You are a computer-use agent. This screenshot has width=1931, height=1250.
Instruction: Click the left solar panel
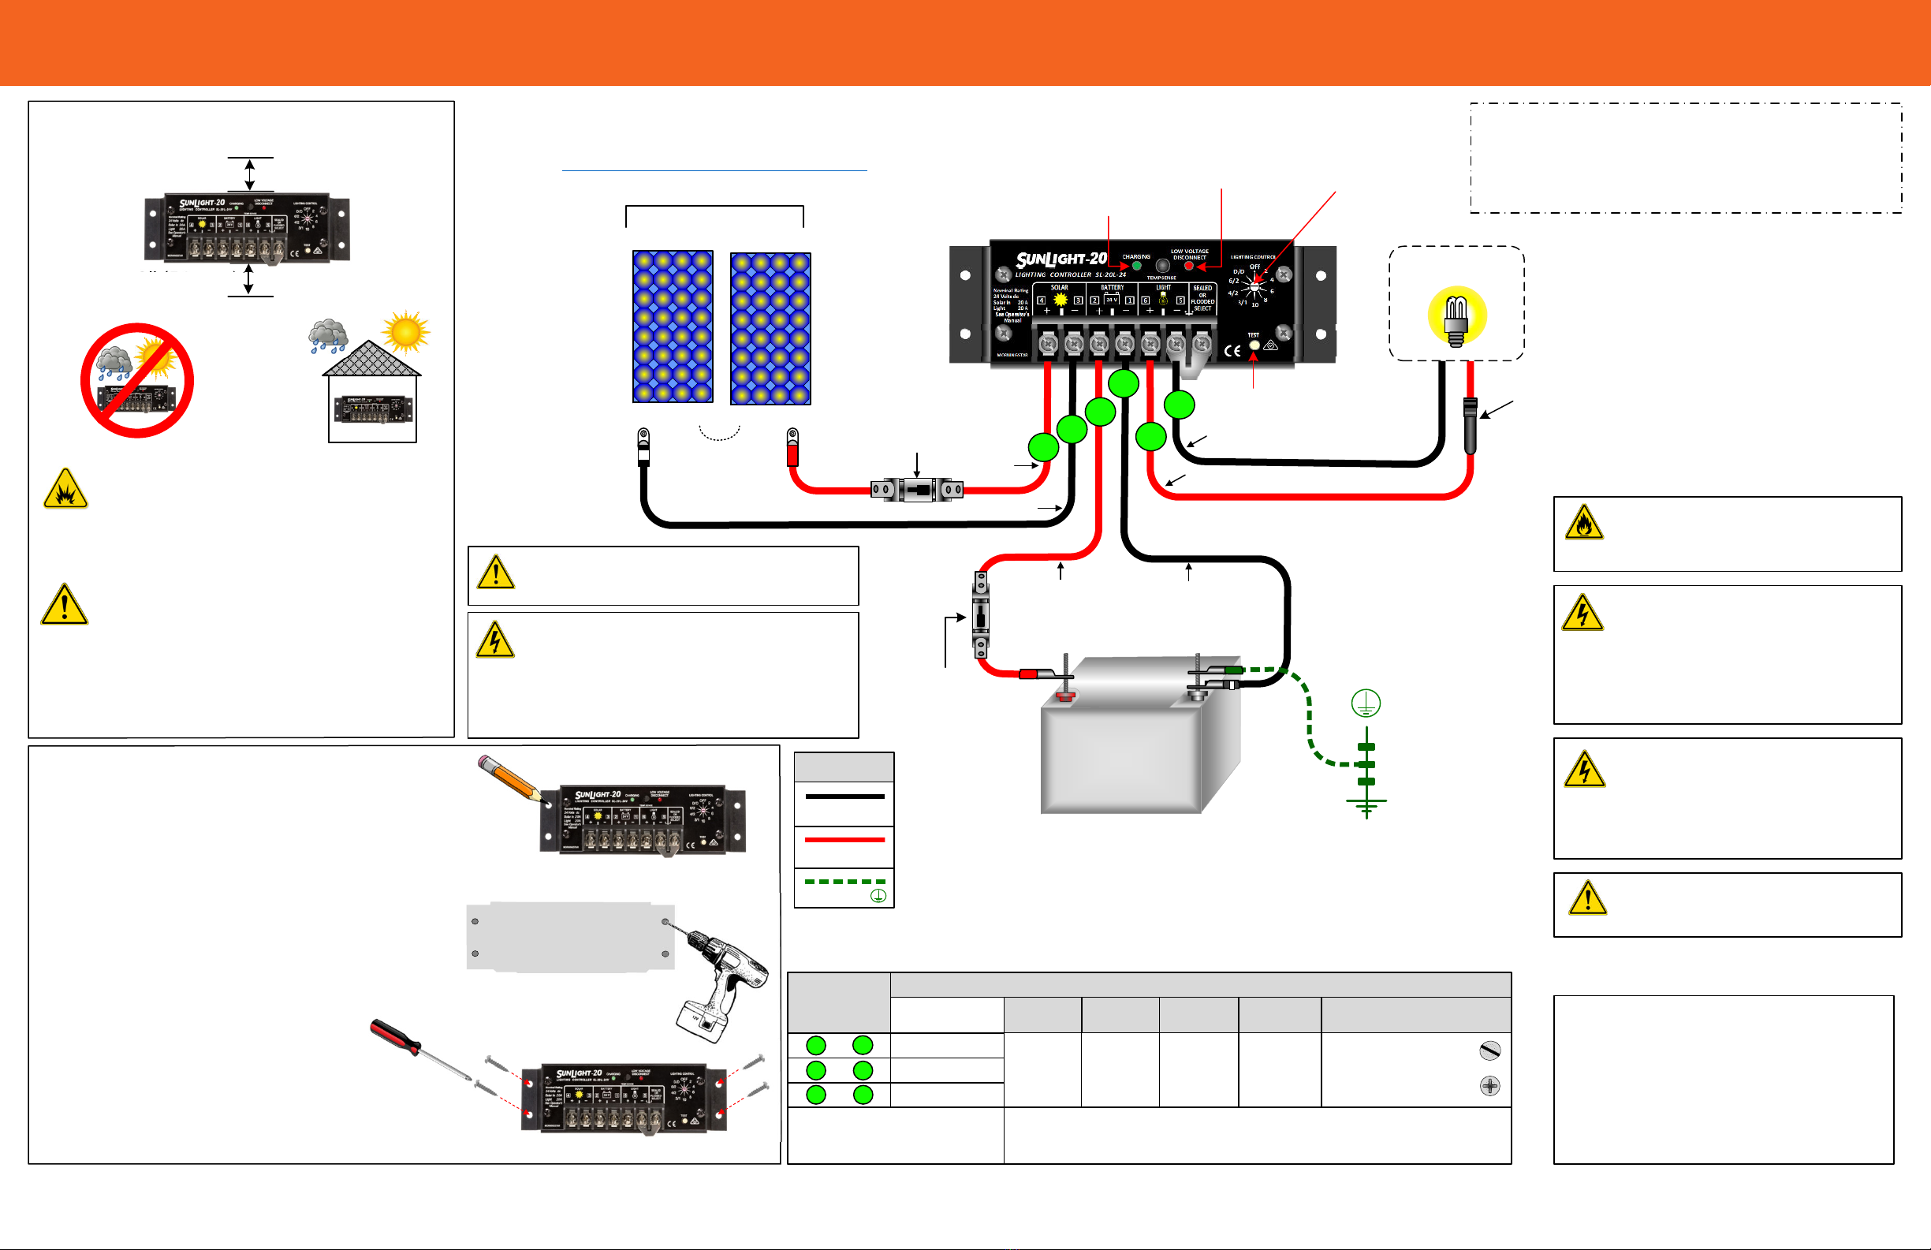point(673,326)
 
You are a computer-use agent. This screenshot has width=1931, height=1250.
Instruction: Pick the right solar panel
point(770,328)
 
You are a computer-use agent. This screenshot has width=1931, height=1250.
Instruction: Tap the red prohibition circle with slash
point(137,380)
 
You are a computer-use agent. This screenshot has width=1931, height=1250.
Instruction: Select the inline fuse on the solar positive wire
point(917,490)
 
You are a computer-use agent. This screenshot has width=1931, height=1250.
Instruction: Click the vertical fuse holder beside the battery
point(981,615)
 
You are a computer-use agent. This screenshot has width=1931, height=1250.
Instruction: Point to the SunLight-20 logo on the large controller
point(1061,259)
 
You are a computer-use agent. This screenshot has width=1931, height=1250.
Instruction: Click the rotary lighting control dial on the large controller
point(1255,285)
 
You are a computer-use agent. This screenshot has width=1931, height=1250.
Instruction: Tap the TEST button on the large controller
point(1254,345)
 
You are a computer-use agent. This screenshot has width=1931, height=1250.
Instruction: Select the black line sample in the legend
point(844,797)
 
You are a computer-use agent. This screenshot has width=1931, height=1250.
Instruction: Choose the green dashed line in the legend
point(844,882)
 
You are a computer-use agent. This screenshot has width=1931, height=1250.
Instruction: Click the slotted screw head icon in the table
point(1489,1050)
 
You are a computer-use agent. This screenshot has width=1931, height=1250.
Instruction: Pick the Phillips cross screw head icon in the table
point(1489,1085)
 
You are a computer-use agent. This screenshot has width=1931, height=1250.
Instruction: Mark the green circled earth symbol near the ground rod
point(1366,703)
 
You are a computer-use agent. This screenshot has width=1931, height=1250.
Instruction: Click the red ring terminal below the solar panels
point(792,447)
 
